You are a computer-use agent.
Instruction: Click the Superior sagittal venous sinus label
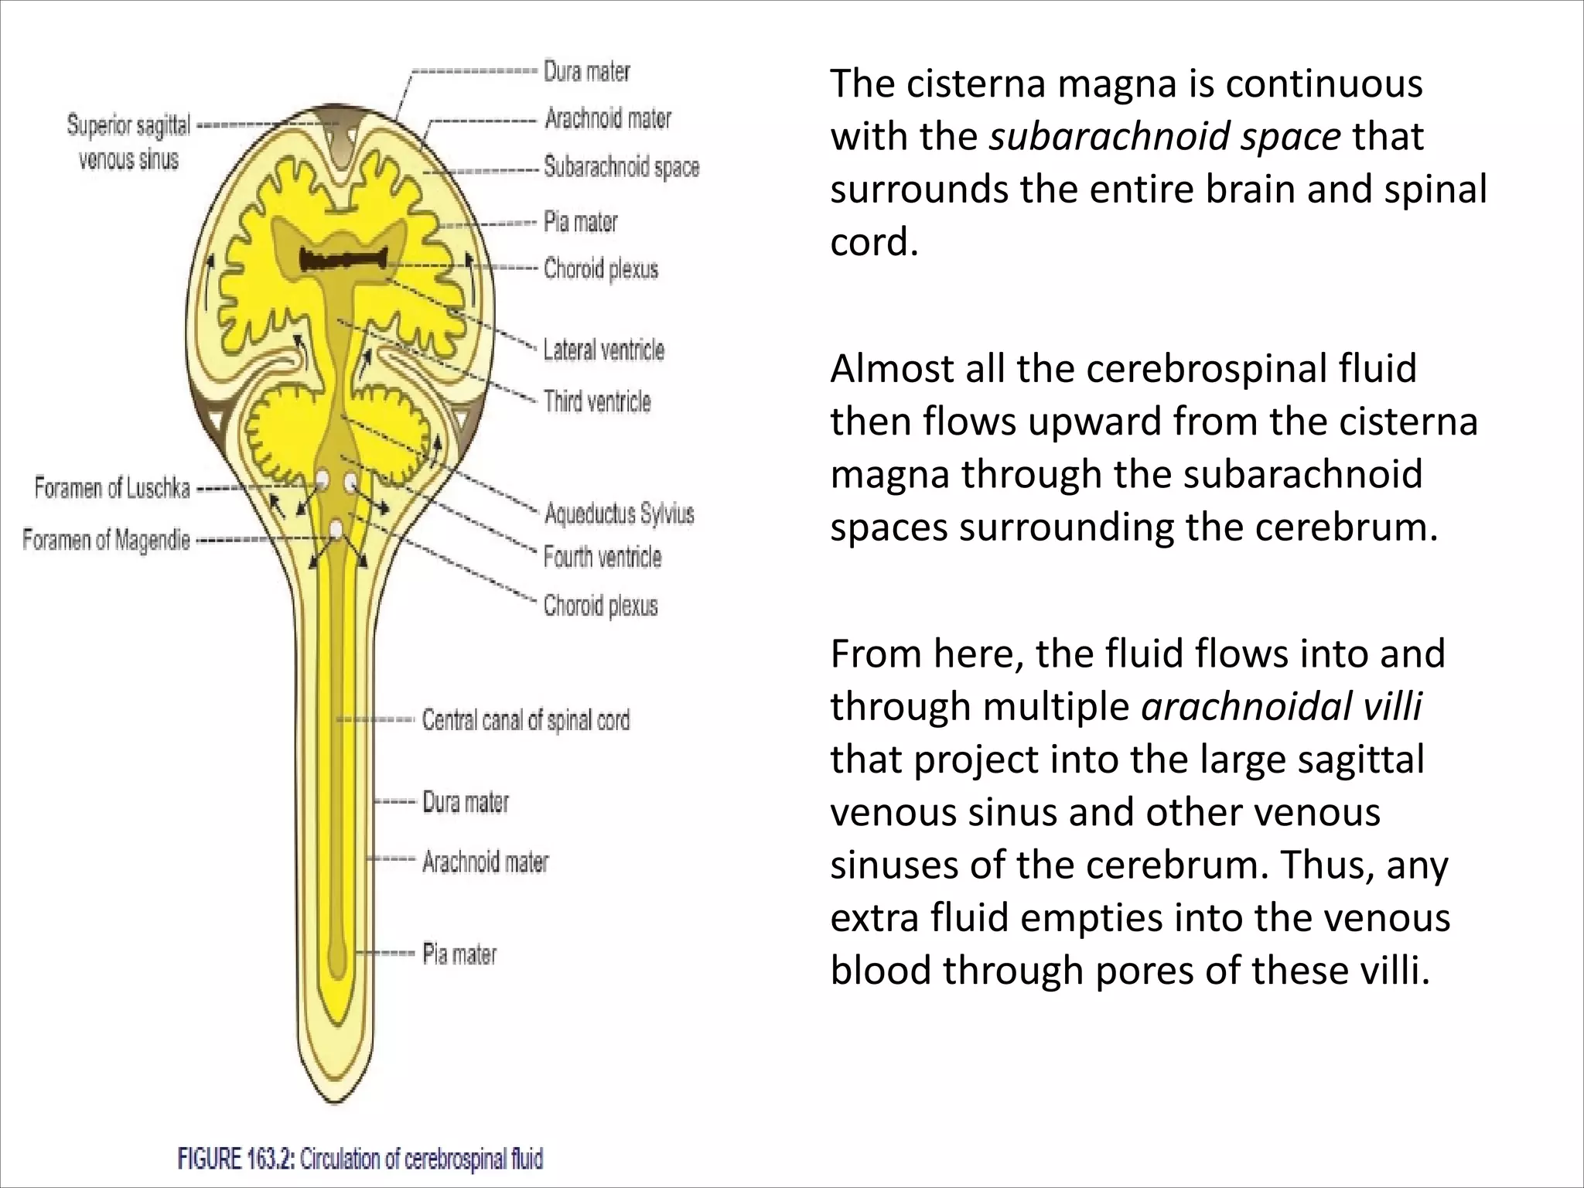[128, 142]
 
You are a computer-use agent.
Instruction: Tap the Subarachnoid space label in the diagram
[621, 167]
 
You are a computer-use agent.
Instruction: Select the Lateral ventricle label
[603, 350]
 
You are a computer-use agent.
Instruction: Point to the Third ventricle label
[597, 401]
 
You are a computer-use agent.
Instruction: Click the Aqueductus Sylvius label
[619, 514]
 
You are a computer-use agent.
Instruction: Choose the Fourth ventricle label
[603, 557]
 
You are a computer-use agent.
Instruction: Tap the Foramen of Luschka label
[112, 488]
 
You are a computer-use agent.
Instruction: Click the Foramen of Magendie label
[106, 539]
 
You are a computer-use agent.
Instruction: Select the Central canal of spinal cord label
[526, 720]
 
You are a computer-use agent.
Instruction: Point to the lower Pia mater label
[459, 954]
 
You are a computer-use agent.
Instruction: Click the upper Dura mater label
[587, 71]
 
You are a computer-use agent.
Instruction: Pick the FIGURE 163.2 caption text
[360, 1159]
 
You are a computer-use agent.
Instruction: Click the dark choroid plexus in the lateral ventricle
[344, 260]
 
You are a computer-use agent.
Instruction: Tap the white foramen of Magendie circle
[336, 529]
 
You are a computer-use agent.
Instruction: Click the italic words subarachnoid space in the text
[1165, 137]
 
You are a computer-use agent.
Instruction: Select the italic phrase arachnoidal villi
[1281, 706]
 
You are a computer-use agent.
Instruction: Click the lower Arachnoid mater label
[485, 861]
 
